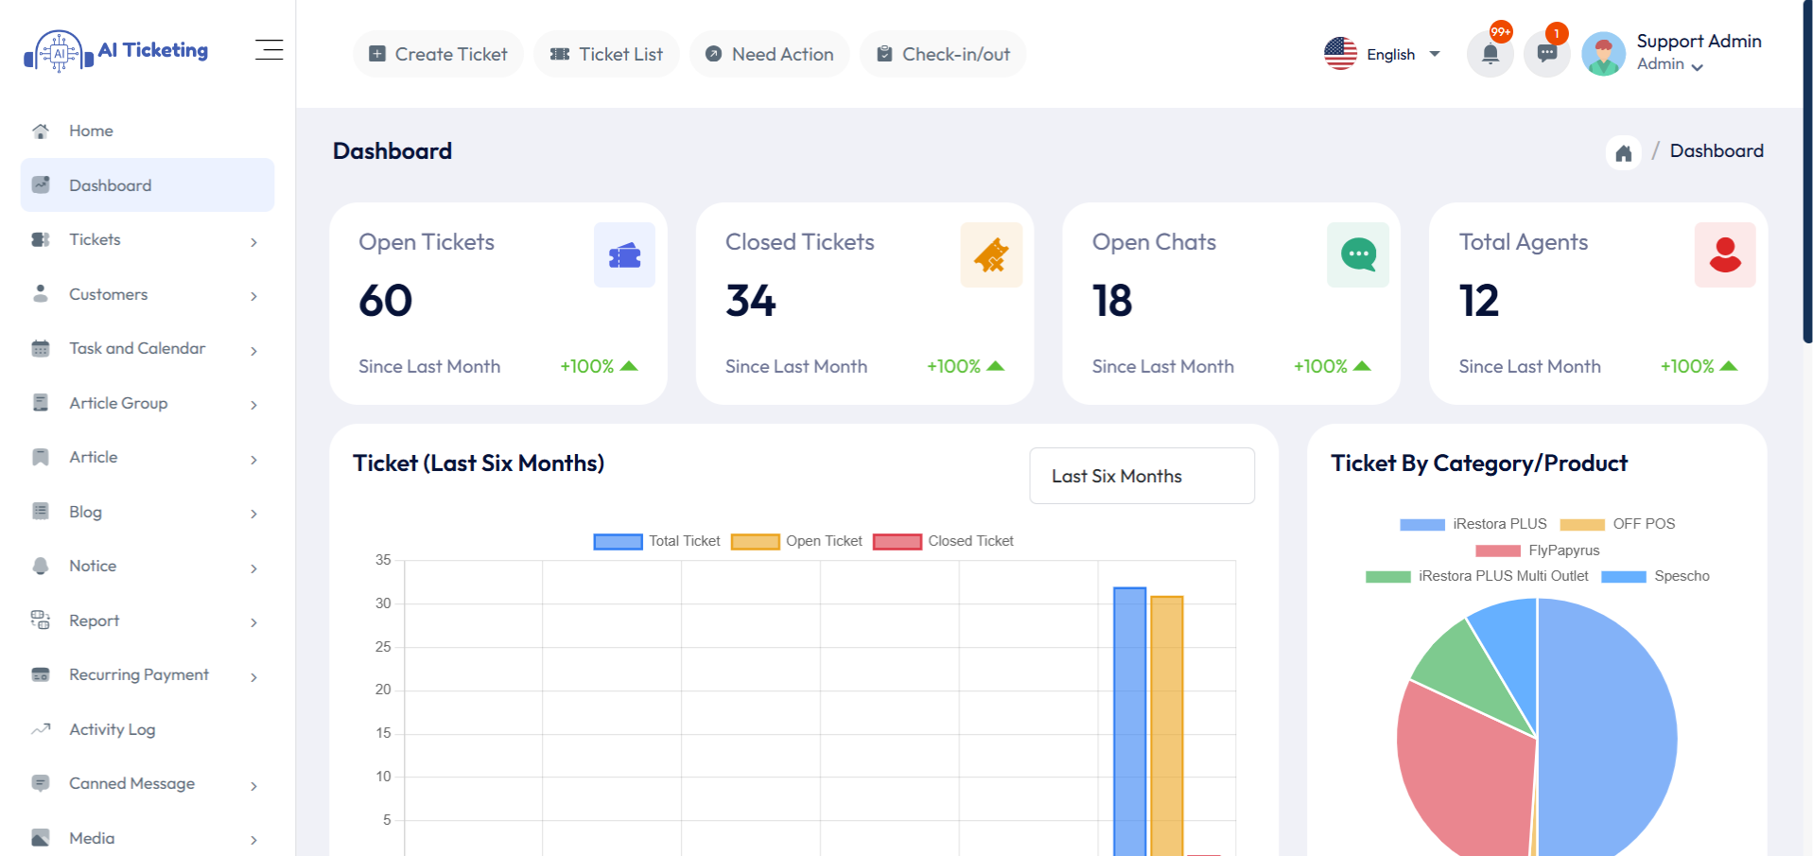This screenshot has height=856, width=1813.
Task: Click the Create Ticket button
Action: pyautogui.click(x=438, y=54)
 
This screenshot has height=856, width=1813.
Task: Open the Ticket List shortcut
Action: pyautogui.click(x=606, y=54)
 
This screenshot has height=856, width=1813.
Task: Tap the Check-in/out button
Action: pyautogui.click(x=943, y=54)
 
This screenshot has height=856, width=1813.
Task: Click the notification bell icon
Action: pyautogui.click(x=1490, y=54)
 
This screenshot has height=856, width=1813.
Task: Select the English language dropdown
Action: pyautogui.click(x=1383, y=54)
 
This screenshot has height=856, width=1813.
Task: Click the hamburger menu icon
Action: pyautogui.click(x=269, y=50)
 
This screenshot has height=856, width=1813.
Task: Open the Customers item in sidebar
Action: pyautogui.click(x=108, y=294)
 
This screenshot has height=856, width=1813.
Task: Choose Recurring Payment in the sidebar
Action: pyautogui.click(x=139, y=674)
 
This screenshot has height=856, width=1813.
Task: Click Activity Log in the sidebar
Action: pyautogui.click(x=112, y=729)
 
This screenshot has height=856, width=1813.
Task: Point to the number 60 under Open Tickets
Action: pyautogui.click(x=386, y=301)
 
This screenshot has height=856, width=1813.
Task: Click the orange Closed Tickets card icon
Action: pyautogui.click(x=991, y=254)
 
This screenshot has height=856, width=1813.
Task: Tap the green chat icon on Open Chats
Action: pyautogui.click(x=1358, y=254)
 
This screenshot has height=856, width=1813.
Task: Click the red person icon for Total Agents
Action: pyautogui.click(x=1725, y=254)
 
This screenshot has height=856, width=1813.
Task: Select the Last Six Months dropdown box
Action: pyautogui.click(x=1142, y=476)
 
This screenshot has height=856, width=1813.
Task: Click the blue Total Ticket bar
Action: pyautogui.click(x=1129, y=719)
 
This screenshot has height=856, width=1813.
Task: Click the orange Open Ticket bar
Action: pyautogui.click(x=1167, y=724)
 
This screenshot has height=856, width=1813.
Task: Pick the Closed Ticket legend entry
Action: pyautogui.click(x=944, y=541)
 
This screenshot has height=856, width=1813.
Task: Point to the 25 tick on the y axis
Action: pyautogui.click(x=383, y=647)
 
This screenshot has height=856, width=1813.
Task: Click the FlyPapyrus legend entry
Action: pyautogui.click(x=1538, y=550)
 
